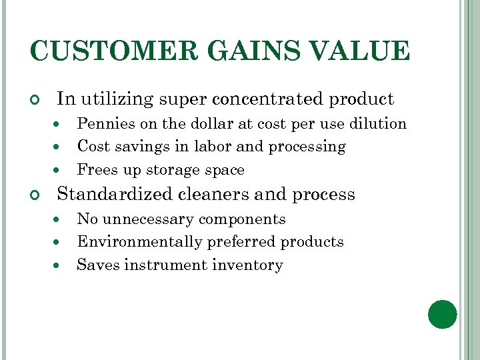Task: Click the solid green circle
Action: point(443,315)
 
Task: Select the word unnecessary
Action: point(148,219)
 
